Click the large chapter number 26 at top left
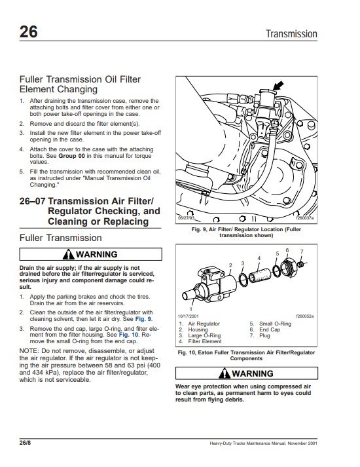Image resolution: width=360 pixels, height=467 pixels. point(29,31)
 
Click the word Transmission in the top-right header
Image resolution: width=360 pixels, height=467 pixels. point(291,33)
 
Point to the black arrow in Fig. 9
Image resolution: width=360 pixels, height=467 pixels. point(278,86)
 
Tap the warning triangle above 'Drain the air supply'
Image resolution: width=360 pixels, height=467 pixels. point(69,254)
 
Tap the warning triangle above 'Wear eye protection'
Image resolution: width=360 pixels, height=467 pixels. point(225,373)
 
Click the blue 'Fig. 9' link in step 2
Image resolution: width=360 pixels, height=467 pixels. point(143,319)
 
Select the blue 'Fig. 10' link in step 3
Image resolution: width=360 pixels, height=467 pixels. point(128,335)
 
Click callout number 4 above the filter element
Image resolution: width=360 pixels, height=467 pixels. point(259,258)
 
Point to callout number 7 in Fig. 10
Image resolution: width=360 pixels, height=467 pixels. point(302,252)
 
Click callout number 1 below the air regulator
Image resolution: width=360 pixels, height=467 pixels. point(191,309)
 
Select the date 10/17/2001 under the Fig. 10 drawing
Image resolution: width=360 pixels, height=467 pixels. point(188,316)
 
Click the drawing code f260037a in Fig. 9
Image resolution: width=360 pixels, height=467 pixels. point(304,217)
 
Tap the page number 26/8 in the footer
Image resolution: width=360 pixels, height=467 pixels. point(25,443)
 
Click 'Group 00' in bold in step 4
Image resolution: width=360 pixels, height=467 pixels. point(72,156)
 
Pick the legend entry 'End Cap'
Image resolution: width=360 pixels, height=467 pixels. point(270,329)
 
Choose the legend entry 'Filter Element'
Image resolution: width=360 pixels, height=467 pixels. point(205,341)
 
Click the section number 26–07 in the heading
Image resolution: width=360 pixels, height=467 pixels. point(32,201)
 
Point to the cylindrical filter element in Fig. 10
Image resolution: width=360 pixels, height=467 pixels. point(260,275)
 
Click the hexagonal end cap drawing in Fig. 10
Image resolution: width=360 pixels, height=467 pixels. point(289,267)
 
